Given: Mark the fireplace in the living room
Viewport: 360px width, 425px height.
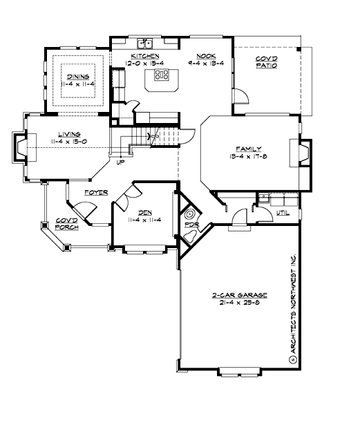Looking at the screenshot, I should click(19, 147).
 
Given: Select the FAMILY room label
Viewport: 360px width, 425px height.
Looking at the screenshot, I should click(247, 149).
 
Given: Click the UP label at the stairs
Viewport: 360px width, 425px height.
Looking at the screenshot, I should click(120, 163).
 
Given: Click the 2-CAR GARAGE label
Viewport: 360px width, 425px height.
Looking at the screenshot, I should click(230, 295).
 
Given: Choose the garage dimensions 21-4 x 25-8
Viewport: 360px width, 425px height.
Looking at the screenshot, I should click(230, 302).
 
